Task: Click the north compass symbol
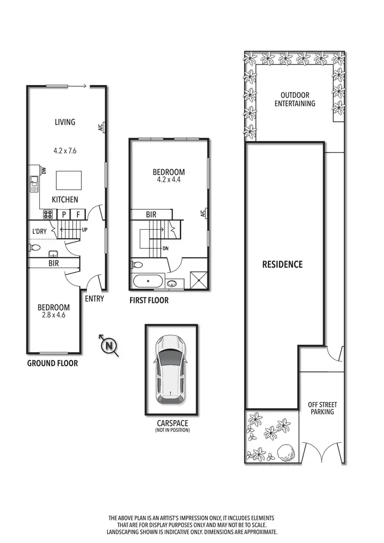coord(109,346)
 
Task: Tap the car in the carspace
coord(171,370)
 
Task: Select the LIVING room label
coord(65,122)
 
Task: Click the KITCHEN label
coord(65,200)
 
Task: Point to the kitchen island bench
coord(67,180)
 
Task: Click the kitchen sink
coord(34,183)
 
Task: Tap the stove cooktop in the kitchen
coord(49,215)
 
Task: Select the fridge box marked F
coord(78,215)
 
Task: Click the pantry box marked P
coord(64,215)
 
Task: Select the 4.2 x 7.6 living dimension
coord(65,151)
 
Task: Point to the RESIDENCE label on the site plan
coord(283,265)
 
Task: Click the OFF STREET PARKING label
coord(322,408)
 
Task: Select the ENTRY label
coord(94,298)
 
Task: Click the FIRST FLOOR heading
coord(149,300)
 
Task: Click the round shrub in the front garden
coord(285,452)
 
